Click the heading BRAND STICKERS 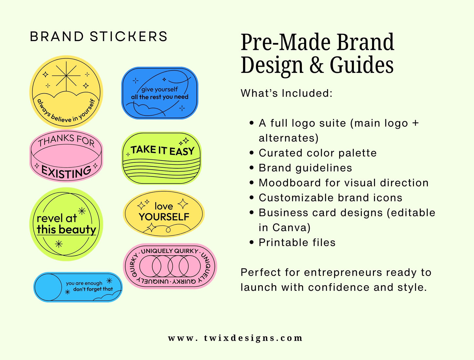pos(98,36)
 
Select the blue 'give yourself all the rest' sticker pos(160,93)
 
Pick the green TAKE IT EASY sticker pos(161,158)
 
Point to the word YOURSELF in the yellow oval pos(164,217)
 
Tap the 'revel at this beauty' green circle pos(66,224)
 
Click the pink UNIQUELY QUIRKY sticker pos(170,266)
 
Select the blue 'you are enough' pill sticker pos(78,287)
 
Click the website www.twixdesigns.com pos(235,338)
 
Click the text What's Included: pos(286,93)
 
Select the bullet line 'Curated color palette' pos(318,153)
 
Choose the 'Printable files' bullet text pos(297,243)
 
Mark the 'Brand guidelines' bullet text pos(305,168)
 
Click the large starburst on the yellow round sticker pos(66,75)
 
